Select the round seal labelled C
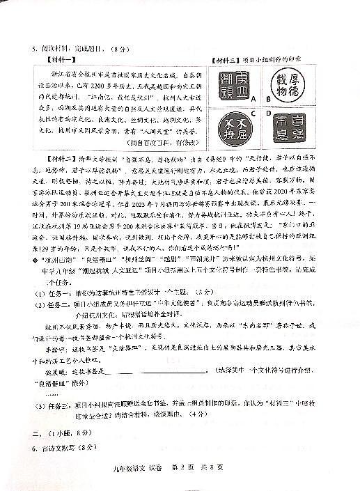tap(230, 129)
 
